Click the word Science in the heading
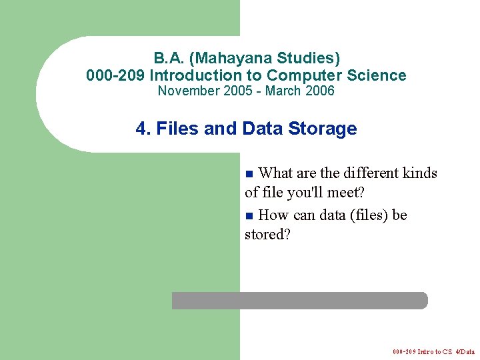click(377, 75)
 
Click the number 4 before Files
click(141, 129)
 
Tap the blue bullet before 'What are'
click(249, 174)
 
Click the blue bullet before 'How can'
click(249, 216)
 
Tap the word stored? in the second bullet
click(268, 235)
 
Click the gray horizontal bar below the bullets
click(299, 301)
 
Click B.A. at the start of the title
click(169, 58)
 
